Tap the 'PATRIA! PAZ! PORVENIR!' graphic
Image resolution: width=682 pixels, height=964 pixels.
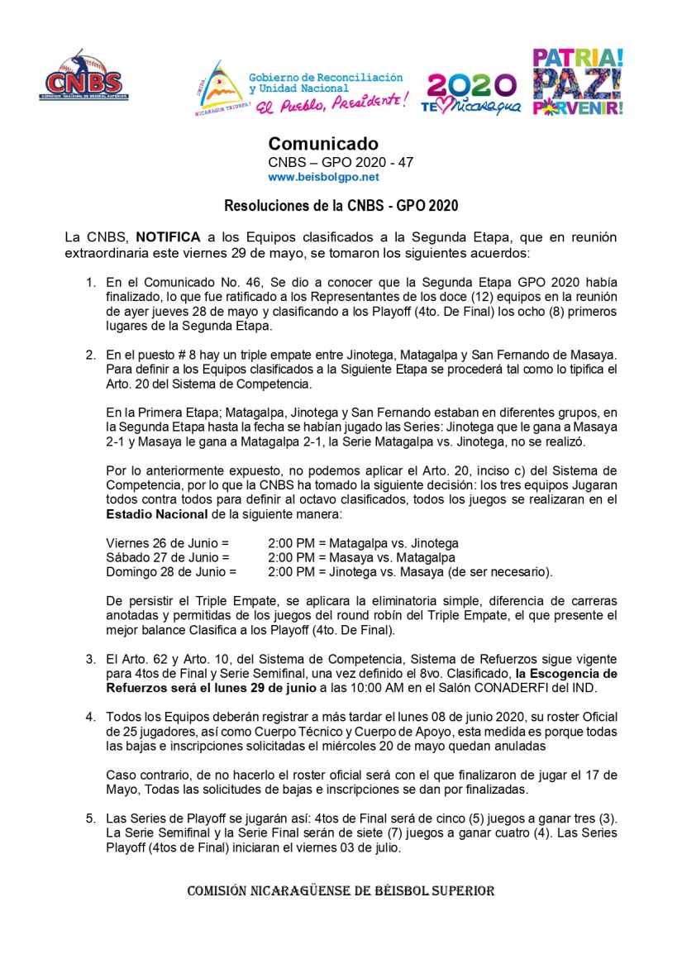tap(578, 82)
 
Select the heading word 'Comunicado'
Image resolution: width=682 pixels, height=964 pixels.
tap(323, 145)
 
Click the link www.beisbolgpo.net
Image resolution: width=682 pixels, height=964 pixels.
tap(323, 177)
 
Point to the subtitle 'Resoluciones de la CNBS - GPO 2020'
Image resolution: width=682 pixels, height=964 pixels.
tap(341, 205)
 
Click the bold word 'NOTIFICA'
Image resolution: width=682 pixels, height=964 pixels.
tap(168, 236)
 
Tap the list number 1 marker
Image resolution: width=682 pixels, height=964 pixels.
tap(92, 282)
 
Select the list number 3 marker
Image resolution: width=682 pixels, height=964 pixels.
tap(92, 658)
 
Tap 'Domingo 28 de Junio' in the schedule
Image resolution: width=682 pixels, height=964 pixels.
tap(171, 571)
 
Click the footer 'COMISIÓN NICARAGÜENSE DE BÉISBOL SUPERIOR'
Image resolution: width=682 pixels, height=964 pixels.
tap(341, 890)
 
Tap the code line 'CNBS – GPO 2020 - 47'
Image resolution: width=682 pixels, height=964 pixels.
tap(341, 162)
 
